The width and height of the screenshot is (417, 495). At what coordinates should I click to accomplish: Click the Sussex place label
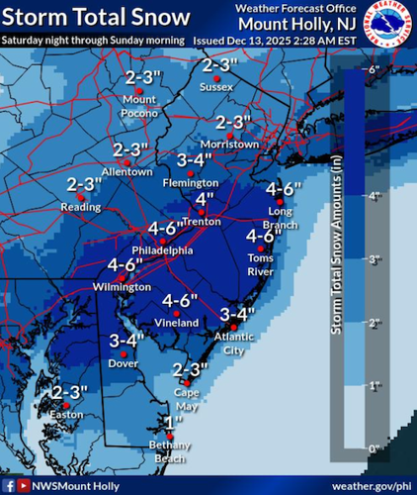216,86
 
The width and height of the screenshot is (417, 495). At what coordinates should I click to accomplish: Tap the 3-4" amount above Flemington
196,160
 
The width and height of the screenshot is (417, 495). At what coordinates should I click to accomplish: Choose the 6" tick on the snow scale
374,69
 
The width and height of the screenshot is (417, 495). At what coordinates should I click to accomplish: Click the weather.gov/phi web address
371,485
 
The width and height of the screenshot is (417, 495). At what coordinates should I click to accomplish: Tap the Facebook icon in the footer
9,485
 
